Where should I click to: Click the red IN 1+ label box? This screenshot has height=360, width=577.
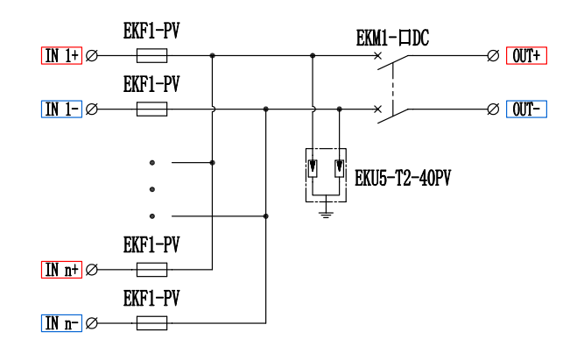[x=61, y=55]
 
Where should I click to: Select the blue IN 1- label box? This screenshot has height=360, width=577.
[x=61, y=109]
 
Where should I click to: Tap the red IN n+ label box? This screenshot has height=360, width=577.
[x=61, y=270]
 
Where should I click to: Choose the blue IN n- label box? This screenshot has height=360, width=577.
[x=61, y=323]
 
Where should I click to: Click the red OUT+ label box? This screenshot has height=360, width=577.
[x=526, y=55]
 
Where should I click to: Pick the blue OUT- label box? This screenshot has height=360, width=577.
[x=526, y=109]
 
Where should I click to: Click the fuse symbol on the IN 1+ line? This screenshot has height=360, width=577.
[x=151, y=55]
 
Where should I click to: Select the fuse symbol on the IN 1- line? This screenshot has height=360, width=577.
[x=151, y=109]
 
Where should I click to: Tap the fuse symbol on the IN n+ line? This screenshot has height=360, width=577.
[x=151, y=270]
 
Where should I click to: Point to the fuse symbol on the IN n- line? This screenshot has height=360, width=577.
[x=151, y=323]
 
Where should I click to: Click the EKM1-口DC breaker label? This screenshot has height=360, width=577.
[x=392, y=38]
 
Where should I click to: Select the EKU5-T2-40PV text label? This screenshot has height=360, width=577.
[x=403, y=178]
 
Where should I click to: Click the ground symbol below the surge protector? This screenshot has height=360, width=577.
[x=326, y=215]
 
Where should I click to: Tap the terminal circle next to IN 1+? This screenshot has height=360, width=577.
[x=92, y=55]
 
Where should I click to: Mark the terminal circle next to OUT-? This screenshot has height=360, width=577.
[x=493, y=109]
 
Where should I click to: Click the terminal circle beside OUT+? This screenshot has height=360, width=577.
[x=493, y=55]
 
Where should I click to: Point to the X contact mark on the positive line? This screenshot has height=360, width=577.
[x=377, y=55]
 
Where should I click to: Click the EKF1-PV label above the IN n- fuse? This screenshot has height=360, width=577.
[x=151, y=298]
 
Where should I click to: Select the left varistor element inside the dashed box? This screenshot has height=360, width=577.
[x=313, y=168]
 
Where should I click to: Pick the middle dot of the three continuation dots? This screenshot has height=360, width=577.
[x=152, y=189]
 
